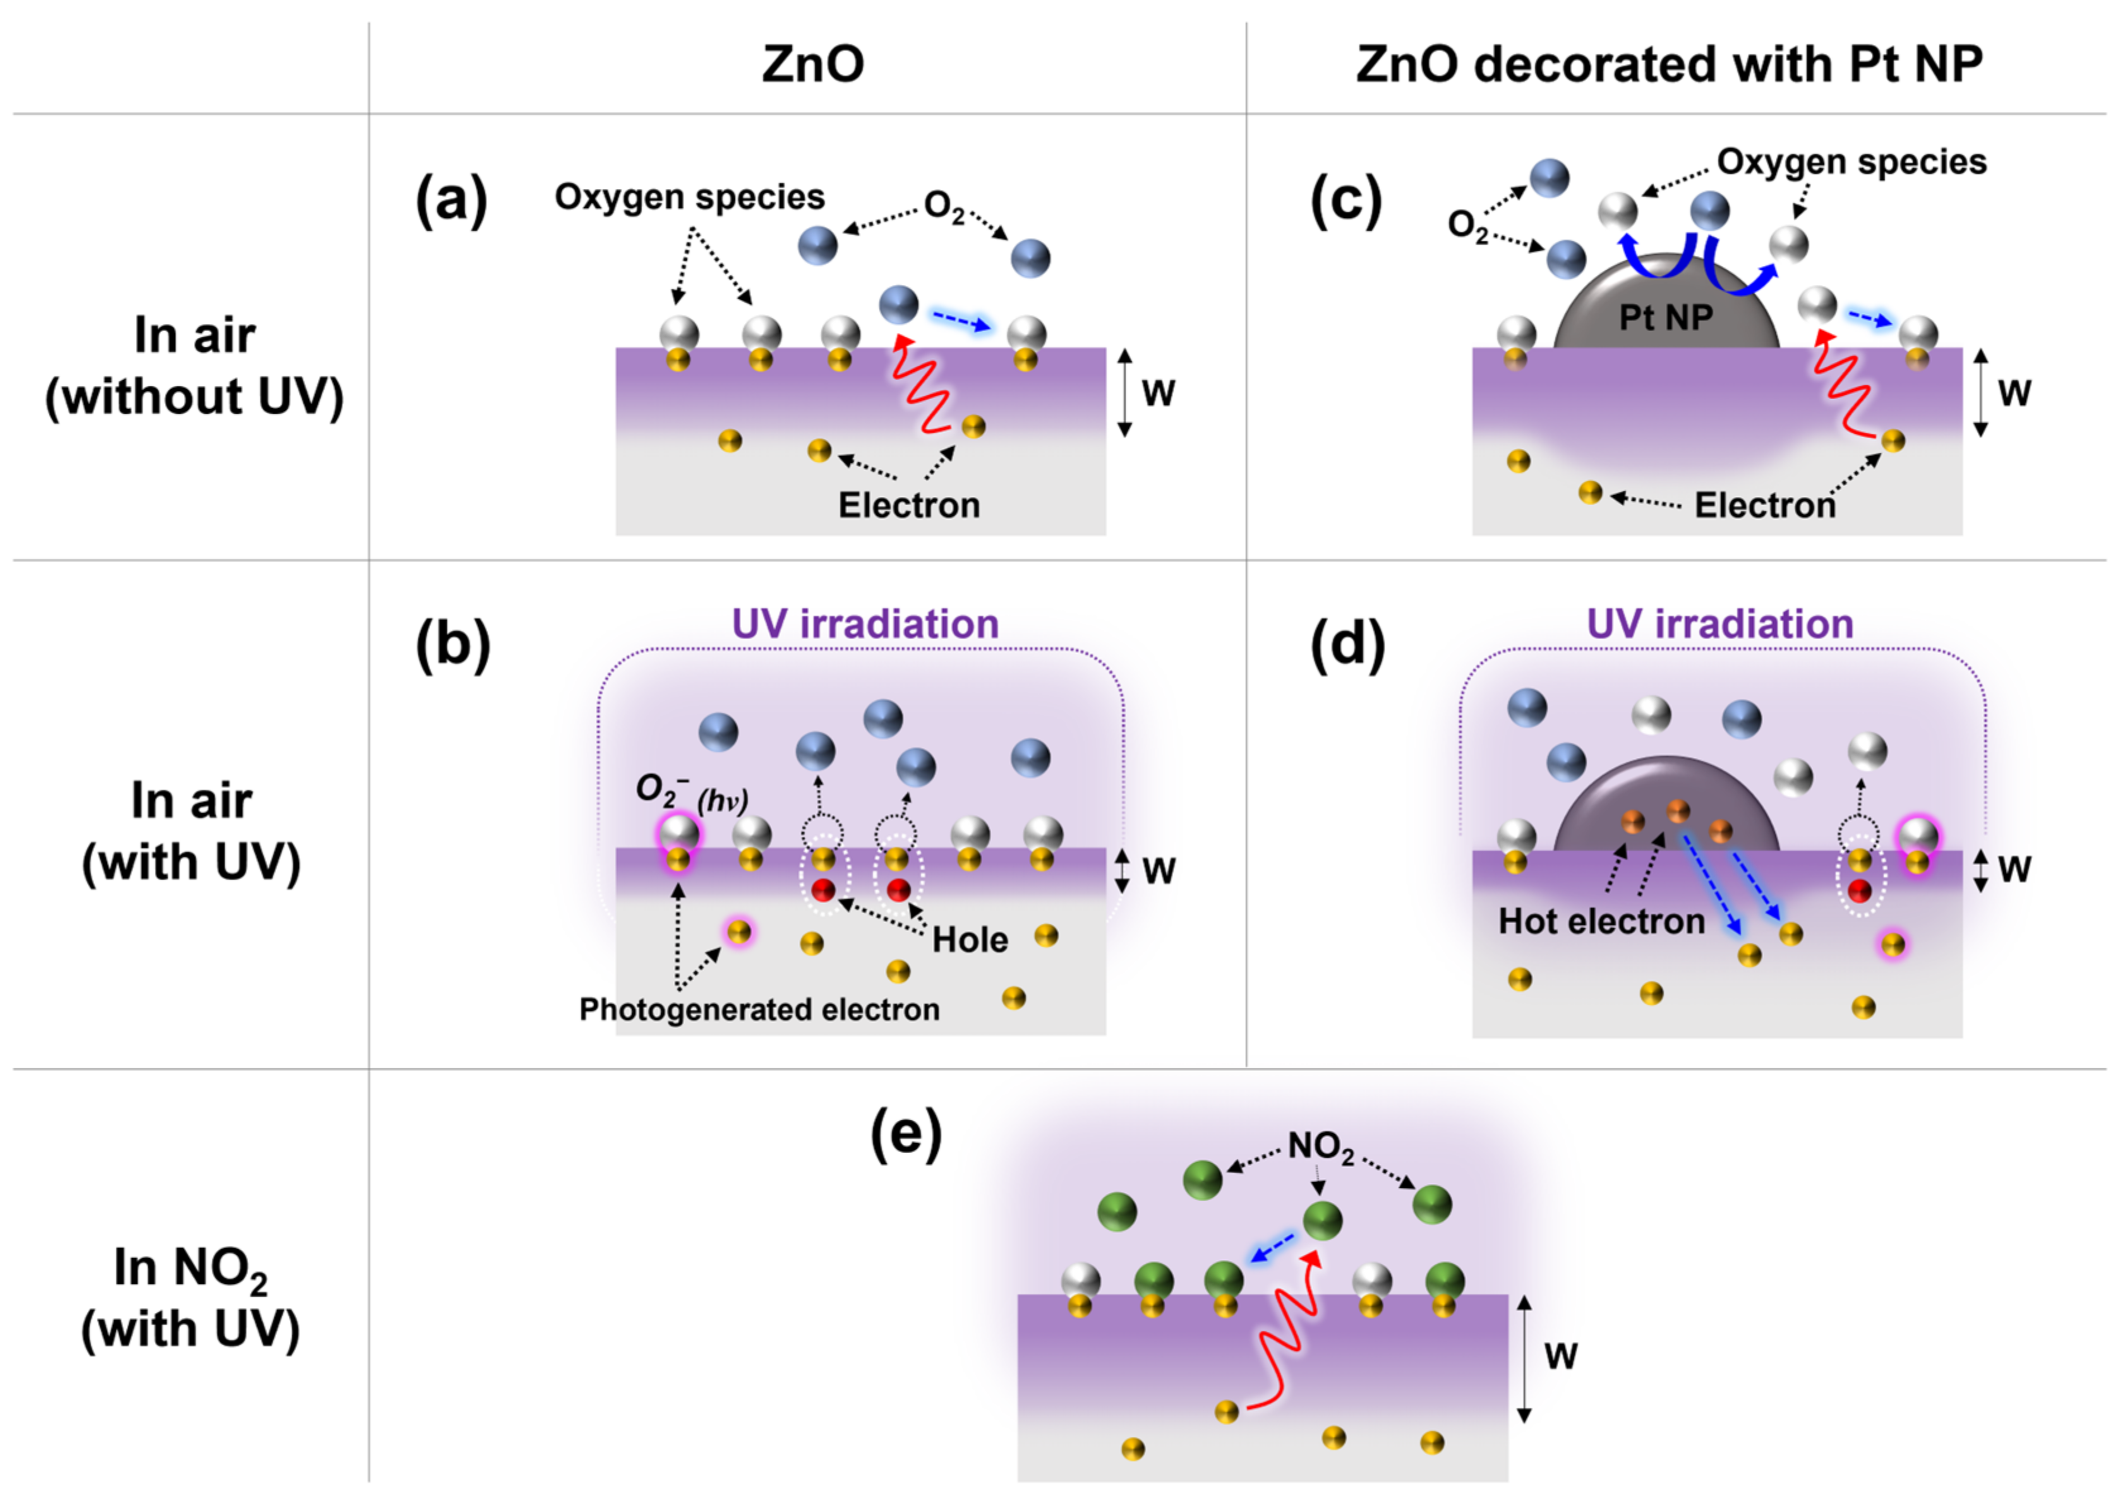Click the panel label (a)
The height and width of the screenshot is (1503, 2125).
(x=451, y=200)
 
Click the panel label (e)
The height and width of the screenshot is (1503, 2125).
(x=905, y=1137)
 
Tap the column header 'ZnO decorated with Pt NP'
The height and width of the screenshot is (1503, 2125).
(x=1669, y=65)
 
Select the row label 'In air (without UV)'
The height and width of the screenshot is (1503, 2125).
(x=195, y=366)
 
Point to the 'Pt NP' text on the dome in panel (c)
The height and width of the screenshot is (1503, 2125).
(x=1665, y=318)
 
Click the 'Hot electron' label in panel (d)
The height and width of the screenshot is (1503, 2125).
(x=1601, y=921)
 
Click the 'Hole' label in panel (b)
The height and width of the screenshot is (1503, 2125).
(x=969, y=940)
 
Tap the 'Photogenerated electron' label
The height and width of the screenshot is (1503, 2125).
(x=759, y=1009)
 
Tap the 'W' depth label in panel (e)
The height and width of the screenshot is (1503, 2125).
(x=1560, y=1356)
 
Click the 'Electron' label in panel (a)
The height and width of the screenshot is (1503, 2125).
(x=909, y=505)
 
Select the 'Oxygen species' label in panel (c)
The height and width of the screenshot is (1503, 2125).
(x=1851, y=162)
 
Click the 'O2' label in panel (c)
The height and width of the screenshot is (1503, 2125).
(x=1467, y=225)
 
